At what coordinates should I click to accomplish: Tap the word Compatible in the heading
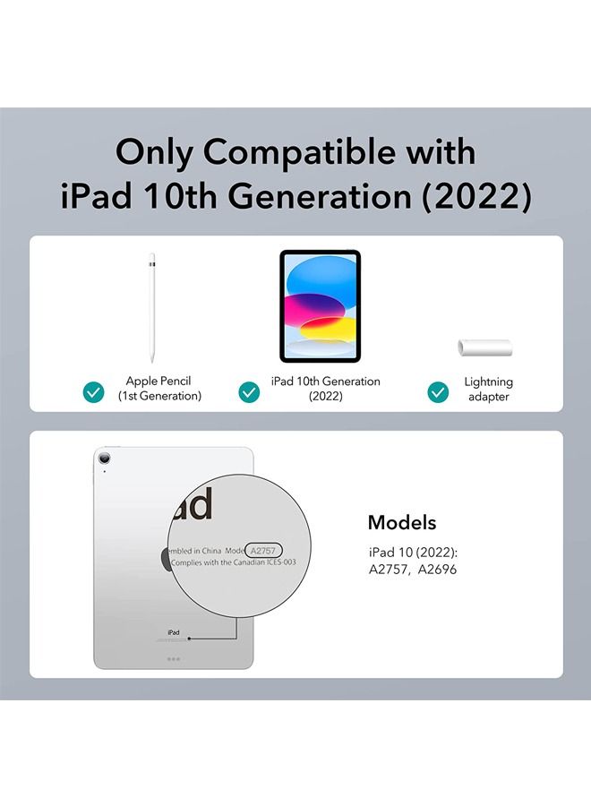298,151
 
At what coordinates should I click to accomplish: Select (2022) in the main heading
476,196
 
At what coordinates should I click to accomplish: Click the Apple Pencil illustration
151,308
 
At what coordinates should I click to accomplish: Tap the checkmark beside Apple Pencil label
93,392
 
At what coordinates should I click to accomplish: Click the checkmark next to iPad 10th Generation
249,392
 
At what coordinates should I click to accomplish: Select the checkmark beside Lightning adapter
438,392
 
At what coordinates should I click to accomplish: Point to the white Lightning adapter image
485,347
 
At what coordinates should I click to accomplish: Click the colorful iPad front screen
321,306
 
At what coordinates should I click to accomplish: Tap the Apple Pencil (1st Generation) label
159,388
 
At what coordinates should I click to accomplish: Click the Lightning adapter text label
488,390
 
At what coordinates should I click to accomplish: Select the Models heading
402,522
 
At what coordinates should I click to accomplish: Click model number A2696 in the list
437,569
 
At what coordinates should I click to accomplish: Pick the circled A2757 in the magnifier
263,551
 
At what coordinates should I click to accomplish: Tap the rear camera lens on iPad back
105,459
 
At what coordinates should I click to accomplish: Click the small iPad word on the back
174,632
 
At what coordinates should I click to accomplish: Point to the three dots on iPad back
174,659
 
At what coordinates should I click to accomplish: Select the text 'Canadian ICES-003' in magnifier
265,562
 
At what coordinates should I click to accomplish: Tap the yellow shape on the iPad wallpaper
329,329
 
